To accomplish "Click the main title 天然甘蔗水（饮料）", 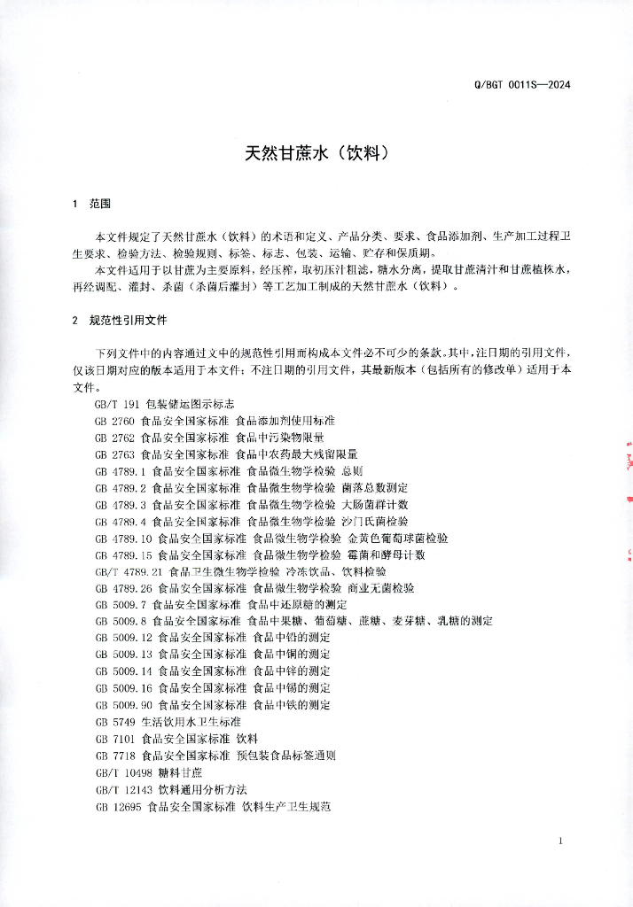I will pos(316,152).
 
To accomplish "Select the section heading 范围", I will pos(99,204).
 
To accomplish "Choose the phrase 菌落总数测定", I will pos(374,487).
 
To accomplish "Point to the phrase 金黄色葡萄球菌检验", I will pos(398,538).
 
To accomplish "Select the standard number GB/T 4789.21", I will pos(129,571).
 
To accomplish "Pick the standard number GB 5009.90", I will pos(123,705).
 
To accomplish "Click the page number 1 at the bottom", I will pos(562,840).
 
